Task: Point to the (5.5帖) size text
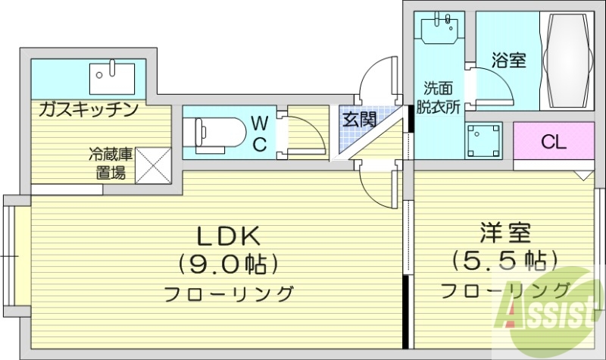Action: pos(504,261)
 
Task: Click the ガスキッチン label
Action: pos(89,109)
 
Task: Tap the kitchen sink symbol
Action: pos(111,76)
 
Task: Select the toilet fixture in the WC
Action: pos(216,132)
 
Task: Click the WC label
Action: pos(259,133)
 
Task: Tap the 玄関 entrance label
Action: pos(358,119)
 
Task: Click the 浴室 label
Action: pos(508,61)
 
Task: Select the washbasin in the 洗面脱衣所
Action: pos(439,30)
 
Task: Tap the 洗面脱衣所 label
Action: pos(441,97)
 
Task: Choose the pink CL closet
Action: pos(553,141)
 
